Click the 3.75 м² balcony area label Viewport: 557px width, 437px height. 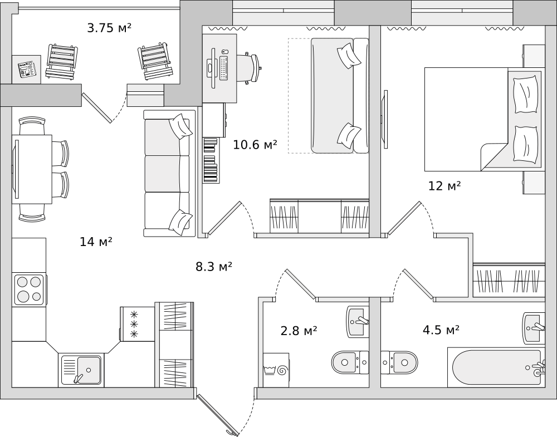[109, 28]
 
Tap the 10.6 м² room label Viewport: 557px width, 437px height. [255, 145]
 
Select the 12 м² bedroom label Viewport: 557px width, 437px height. [444, 186]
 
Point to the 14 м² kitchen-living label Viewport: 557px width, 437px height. [96, 242]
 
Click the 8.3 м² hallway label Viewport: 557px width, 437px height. [214, 266]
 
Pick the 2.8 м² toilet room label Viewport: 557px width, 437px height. [299, 331]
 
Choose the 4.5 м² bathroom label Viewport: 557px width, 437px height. [441, 330]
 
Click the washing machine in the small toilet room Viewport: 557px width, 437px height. [276, 370]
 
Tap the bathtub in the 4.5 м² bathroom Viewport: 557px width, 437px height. [496, 367]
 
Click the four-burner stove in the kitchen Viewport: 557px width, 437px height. [29, 289]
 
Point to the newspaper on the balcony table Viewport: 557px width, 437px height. [27, 69]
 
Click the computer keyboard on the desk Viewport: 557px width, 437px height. [224, 67]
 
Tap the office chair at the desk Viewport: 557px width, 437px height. [251, 68]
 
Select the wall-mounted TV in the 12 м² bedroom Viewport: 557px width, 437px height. [385, 119]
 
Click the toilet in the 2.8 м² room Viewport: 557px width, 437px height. [350, 362]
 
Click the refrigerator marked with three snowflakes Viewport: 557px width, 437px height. [138, 324]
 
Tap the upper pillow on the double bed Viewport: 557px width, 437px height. [525, 94]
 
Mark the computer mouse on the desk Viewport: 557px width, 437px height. [223, 52]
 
